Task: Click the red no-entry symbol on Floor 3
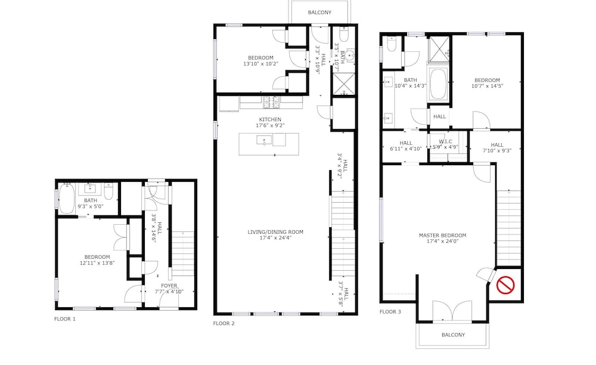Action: click(x=505, y=285)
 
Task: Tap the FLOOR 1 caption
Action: click(x=65, y=319)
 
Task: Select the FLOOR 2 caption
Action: click(x=224, y=324)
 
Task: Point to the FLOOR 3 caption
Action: click(x=390, y=312)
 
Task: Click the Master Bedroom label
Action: click(x=442, y=236)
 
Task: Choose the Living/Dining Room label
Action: click(x=275, y=232)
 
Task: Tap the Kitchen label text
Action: click(x=270, y=119)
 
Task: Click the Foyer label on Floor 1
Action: click(x=169, y=286)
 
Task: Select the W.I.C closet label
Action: click(x=445, y=141)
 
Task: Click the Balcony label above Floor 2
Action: click(x=319, y=13)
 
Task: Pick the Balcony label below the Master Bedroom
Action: click(x=454, y=335)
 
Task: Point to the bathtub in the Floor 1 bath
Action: click(x=67, y=199)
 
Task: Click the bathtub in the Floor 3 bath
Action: click(x=438, y=84)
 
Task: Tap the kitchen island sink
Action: click(x=264, y=140)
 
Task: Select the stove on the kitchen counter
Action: click(x=271, y=101)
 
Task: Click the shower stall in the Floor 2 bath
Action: click(x=344, y=84)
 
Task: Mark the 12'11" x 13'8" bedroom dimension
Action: click(x=97, y=263)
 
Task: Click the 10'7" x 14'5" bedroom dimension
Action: click(x=488, y=86)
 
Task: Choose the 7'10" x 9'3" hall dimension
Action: click(x=497, y=150)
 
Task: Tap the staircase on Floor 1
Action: click(x=183, y=253)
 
